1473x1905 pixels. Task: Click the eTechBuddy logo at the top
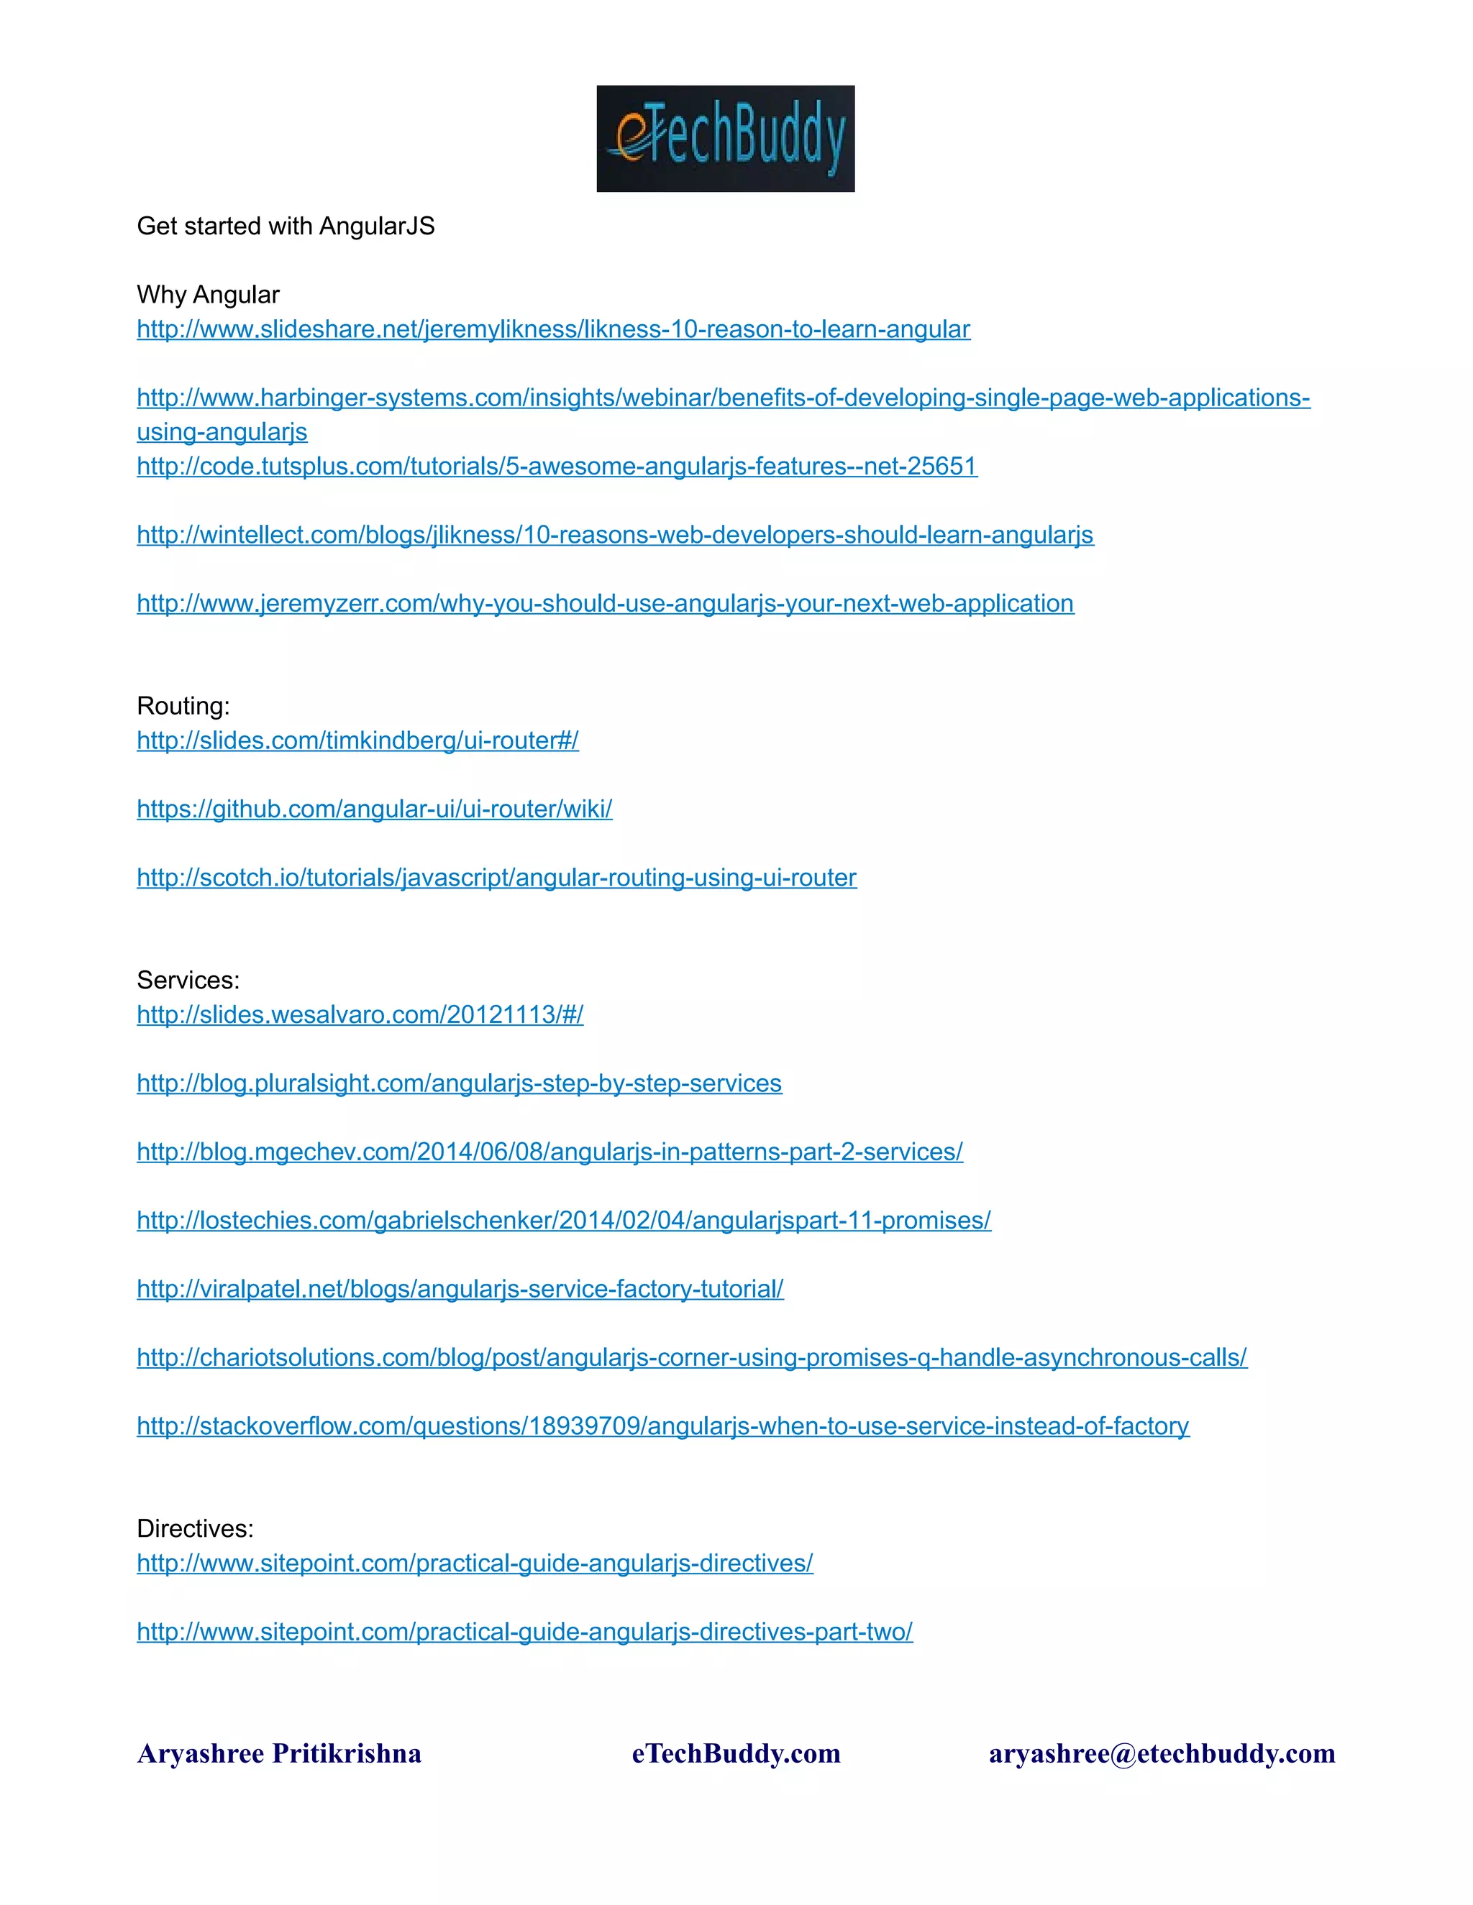pyautogui.click(x=725, y=139)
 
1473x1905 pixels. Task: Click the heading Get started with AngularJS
pyautogui.click(x=286, y=226)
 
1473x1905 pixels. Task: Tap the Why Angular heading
pyautogui.click(x=208, y=295)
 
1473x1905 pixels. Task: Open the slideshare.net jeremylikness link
pyautogui.click(x=553, y=329)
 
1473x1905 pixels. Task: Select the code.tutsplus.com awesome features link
pyautogui.click(x=557, y=466)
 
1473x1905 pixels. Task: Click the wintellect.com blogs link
pyautogui.click(x=614, y=535)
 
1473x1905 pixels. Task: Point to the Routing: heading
pyautogui.click(x=183, y=706)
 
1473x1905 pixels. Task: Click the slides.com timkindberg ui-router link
pyautogui.click(x=357, y=740)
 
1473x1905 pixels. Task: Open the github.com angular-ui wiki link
pyautogui.click(x=374, y=809)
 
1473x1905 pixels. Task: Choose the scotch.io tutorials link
pyautogui.click(x=496, y=878)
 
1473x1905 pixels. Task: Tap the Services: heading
pyautogui.click(x=188, y=981)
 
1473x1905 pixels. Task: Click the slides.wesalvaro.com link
pyautogui.click(x=360, y=1014)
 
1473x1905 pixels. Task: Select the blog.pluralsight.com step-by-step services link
pyautogui.click(x=459, y=1083)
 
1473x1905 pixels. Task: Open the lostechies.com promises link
pyautogui.click(x=564, y=1221)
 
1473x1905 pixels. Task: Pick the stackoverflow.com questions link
pyautogui.click(x=662, y=1426)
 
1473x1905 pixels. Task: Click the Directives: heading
pyautogui.click(x=195, y=1528)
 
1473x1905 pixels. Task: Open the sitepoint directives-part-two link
pyautogui.click(x=524, y=1632)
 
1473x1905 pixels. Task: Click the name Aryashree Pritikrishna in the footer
pyautogui.click(x=279, y=1753)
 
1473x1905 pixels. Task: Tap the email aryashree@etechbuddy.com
pyautogui.click(x=1162, y=1753)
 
